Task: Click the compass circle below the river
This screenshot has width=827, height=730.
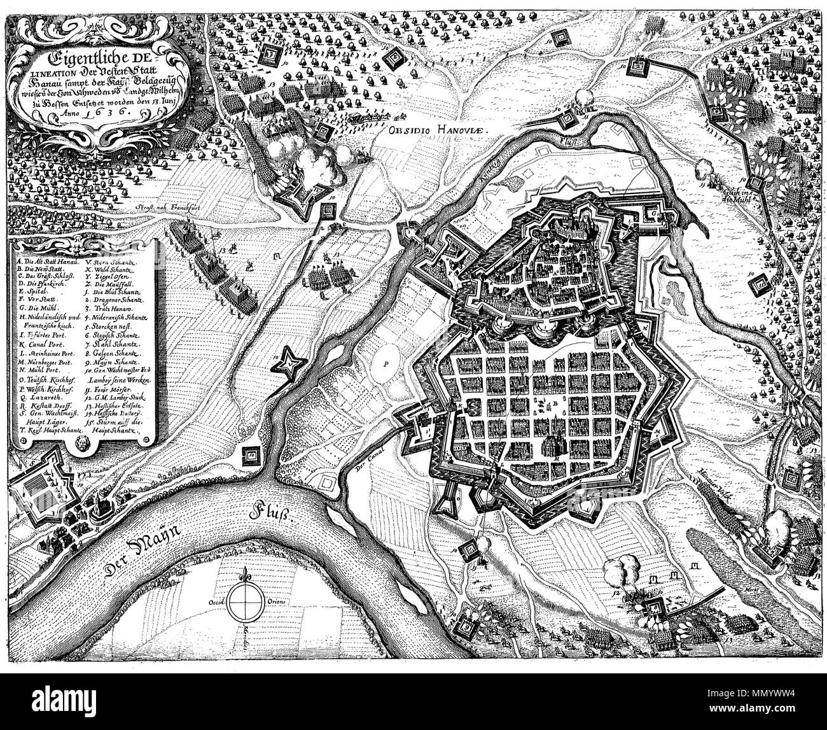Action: (x=245, y=601)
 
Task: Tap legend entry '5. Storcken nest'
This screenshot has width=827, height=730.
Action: (x=118, y=323)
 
